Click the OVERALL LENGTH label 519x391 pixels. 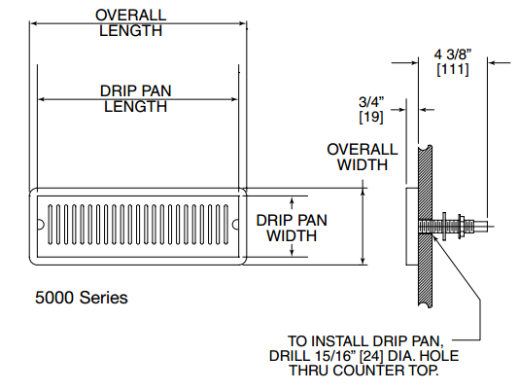pyautogui.click(x=135, y=22)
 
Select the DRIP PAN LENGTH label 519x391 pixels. pyautogui.click(x=135, y=98)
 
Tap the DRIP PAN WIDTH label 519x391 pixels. pyautogui.click(x=292, y=228)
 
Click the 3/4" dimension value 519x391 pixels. pyautogui.click(x=370, y=100)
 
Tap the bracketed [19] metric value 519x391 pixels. pyautogui.click(x=370, y=117)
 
